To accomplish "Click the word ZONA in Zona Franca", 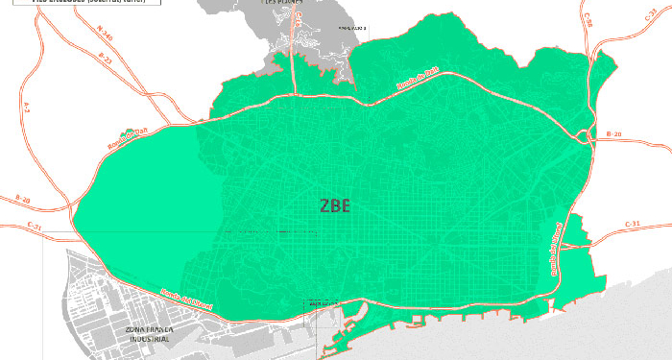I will (x=139, y=329).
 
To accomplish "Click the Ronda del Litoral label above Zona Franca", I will (x=183, y=301).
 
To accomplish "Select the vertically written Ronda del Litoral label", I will (x=554, y=247).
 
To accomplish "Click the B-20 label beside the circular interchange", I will (x=614, y=137).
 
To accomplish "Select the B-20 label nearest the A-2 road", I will (x=22, y=199).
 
